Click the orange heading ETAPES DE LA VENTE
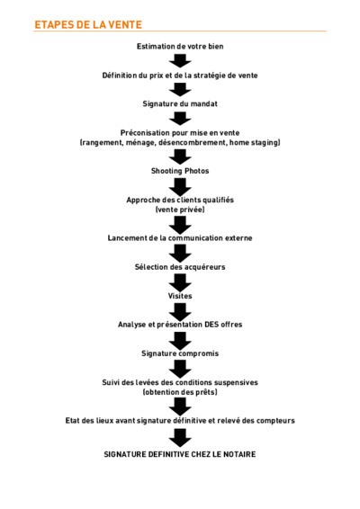click(x=88, y=24)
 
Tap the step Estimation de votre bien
click(x=180, y=47)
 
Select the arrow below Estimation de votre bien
click(x=180, y=61)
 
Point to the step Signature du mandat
click(x=180, y=104)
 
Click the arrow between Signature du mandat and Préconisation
click(x=180, y=119)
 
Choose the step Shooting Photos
click(x=180, y=171)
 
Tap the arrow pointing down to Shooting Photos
click(x=180, y=156)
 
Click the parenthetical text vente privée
click(x=180, y=210)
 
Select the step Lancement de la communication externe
click(x=180, y=238)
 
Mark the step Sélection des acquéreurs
click(x=180, y=267)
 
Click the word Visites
click(x=180, y=296)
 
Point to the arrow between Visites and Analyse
click(x=180, y=311)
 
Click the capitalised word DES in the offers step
click(x=211, y=325)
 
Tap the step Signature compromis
click(x=180, y=353)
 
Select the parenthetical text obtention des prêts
click(x=180, y=392)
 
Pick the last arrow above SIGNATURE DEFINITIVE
click(x=180, y=438)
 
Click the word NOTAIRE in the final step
click(x=238, y=454)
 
